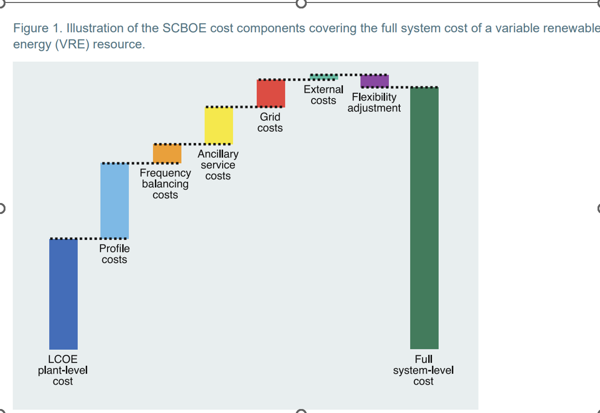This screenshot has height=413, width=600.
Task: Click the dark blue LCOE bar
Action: tap(63, 294)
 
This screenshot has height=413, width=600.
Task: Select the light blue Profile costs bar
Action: tap(115, 201)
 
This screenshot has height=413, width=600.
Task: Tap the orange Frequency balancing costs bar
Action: tap(167, 153)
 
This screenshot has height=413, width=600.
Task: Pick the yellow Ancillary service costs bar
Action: tap(219, 125)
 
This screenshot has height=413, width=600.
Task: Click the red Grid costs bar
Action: tap(271, 93)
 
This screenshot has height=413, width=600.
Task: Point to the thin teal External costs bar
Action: tap(324, 77)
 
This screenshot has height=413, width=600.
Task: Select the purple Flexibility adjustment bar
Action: tap(374, 81)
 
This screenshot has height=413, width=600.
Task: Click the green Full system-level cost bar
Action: tap(424, 218)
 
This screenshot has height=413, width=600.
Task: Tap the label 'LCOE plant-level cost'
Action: tap(63, 370)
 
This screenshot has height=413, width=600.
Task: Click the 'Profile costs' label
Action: tap(115, 254)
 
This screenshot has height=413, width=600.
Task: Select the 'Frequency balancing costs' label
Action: tap(165, 184)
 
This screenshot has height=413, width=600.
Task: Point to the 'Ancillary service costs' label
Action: tap(218, 165)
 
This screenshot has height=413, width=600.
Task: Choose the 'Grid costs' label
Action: tap(270, 122)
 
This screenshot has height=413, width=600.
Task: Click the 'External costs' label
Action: tap(324, 95)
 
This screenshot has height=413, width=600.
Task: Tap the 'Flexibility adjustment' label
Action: tap(374, 103)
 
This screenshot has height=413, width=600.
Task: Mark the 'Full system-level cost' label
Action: tap(423, 370)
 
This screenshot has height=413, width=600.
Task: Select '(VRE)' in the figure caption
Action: tap(73, 44)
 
